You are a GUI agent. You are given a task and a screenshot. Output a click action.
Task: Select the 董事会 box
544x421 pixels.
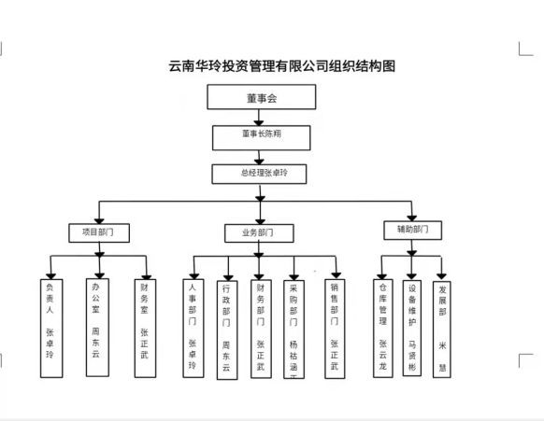(x=256, y=96)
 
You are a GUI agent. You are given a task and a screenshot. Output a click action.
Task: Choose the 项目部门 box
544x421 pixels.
(x=98, y=231)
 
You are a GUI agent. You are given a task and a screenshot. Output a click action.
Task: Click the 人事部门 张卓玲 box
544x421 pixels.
(x=193, y=327)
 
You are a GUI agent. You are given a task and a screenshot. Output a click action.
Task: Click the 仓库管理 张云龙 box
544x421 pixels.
(x=381, y=327)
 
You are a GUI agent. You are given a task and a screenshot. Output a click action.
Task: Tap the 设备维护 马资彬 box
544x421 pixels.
(x=412, y=327)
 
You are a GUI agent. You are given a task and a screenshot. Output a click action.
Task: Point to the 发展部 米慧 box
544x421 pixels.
(x=443, y=327)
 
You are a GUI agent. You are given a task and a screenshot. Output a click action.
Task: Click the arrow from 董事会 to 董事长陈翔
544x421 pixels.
(x=256, y=117)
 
